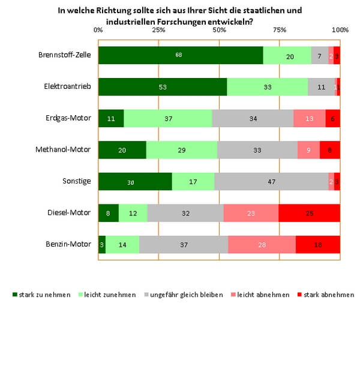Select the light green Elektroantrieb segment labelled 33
coord(267,86)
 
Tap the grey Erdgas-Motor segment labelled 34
coord(253,118)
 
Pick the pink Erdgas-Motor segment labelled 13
coord(309,118)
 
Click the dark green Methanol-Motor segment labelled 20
coord(122,150)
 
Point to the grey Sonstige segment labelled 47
coord(271,181)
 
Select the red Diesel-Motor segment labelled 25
coord(309,212)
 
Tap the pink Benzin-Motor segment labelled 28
coord(262,244)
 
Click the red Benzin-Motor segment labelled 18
coord(317,244)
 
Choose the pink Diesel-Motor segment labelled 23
coord(251,212)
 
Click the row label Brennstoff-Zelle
coord(64,55)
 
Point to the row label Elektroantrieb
coord(68,86)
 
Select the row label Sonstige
coord(77,181)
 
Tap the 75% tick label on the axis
coord(280,29)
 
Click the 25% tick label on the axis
coord(158,29)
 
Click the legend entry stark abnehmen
coord(329,295)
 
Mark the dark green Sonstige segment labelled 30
coord(134,181)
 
